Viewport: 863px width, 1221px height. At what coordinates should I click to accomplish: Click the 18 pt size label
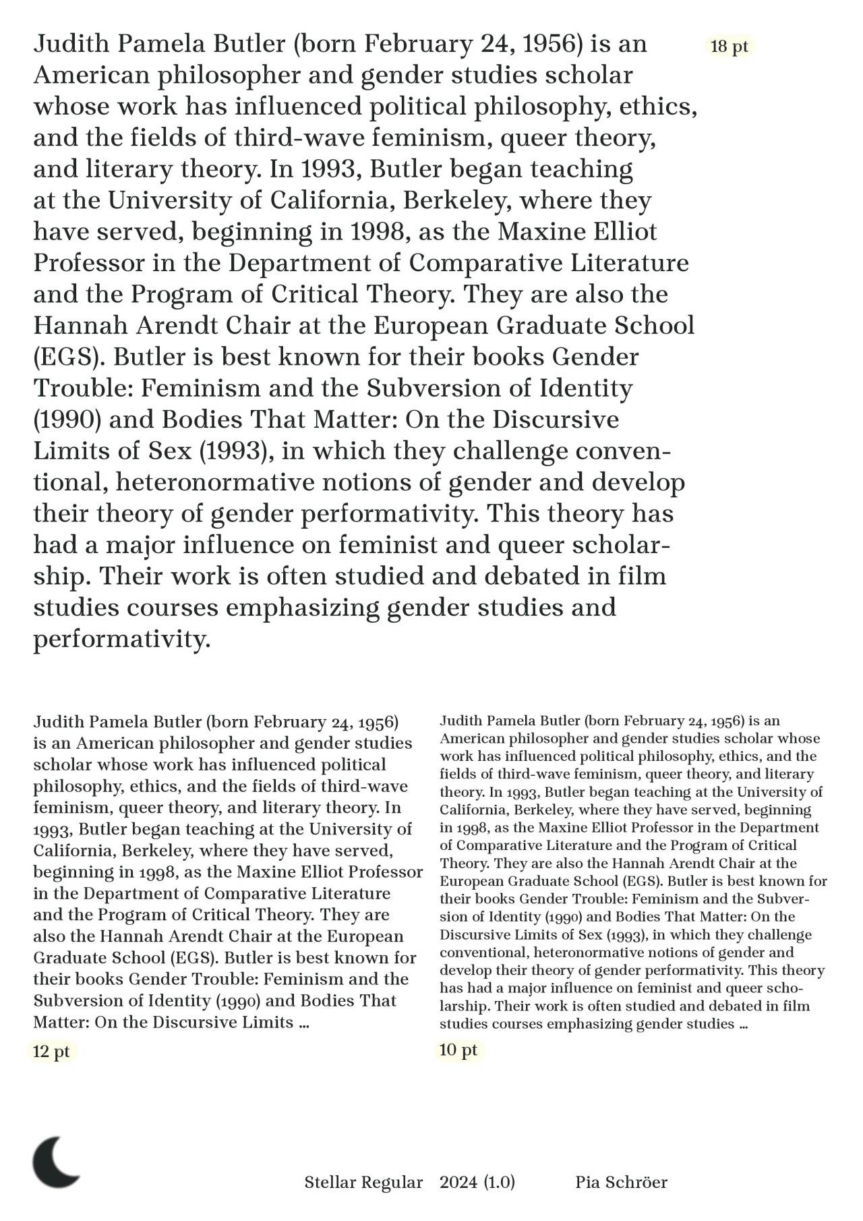click(x=729, y=47)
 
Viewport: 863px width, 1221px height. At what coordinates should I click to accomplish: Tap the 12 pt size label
click(x=51, y=1052)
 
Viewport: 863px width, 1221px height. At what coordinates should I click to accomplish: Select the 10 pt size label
click(x=458, y=1050)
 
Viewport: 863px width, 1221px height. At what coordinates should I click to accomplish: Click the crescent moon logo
click(x=56, y=1162)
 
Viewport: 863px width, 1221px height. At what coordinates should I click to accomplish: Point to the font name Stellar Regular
click(x=363, y=1182)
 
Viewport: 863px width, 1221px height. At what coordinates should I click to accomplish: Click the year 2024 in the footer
click(x=458, y=1182)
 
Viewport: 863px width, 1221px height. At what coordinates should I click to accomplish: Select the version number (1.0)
click(x=500, y=1182)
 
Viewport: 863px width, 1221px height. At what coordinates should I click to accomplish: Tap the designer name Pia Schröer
click(x=621, y=1182)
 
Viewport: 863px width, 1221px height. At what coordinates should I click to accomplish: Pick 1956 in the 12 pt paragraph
click(x=378, y=722)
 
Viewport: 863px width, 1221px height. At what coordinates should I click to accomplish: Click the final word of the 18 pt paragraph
click(x=122, y=640)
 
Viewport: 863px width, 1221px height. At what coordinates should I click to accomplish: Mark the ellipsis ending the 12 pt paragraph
click(x=303, y=1023)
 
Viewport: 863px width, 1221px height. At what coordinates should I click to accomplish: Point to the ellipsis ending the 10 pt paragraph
click(x=743, y=1025)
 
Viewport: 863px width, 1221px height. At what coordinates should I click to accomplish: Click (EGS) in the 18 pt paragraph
click(x=69, y=358)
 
